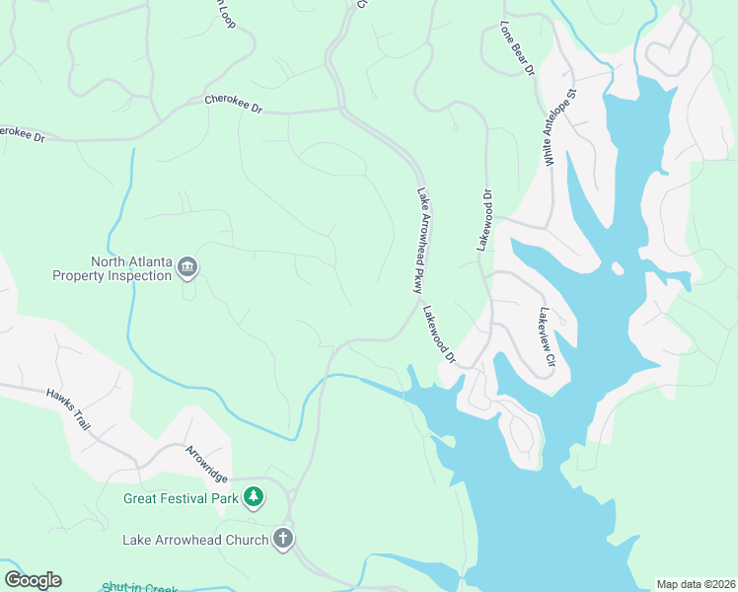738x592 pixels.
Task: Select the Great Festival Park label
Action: coord(181,498)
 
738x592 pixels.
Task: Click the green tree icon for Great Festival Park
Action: coord(254,497)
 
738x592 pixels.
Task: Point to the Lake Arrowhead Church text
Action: coord(195,540)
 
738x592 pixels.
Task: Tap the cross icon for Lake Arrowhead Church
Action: coord(283,539)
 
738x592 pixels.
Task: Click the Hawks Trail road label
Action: coord(68,408)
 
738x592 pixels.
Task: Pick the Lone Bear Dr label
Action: coord(516,48)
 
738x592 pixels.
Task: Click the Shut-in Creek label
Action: coord(139,588)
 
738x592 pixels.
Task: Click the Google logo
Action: coord(33,580)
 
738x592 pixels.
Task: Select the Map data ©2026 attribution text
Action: coord(695,584)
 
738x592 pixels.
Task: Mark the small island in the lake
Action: coord(617,268)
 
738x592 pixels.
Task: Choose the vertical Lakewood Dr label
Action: coord(484,220)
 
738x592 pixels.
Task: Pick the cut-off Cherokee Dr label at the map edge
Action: coord(23,133)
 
